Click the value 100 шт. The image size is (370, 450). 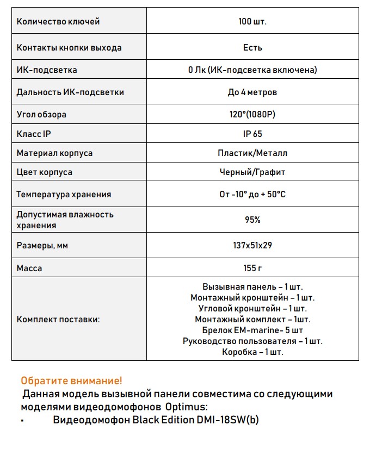pyautogui.click(x=252, y=22)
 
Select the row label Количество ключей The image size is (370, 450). pyautogui.click(x=58, y=22)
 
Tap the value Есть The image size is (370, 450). pyautogui.click(x=252, y=47)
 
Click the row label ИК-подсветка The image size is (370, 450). pyautogui.click(x=47, y=70)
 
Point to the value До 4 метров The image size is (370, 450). pyautogui.click(x=252, y=92)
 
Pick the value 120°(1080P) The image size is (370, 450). pyautogui.click(x=252, y=115)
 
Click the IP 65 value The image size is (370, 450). pyautogui.click(x=252, y=134)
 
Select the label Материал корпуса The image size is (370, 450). pyautogui.click(x=54, y=153)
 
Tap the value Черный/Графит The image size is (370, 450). pyautogui.click(x=252, y=172)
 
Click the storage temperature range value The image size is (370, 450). pyautogui.click(x=252, y=195)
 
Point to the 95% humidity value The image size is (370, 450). pyautogui.click(x=252, y=220)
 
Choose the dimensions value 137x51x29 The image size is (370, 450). pyautogui.click(x=252, y=246)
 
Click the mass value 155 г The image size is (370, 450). pyautogui.click(x=252, y=268)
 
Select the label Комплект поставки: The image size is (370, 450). pyautogui.click(x=58, y=320)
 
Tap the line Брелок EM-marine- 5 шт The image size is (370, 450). pyautogui.click(x=252, y=330)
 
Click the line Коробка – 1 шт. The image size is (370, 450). pyautogui.click(x=252, y=352)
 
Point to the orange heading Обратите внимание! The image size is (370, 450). pyautogui.click(x=71, y=380)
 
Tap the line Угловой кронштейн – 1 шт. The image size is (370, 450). pyautogui.click(x=252, y=309)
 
